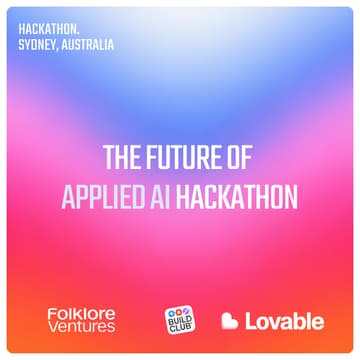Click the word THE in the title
pyautogui.click(x=124, y=159)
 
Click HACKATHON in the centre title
pyautogui.click(x=241, y=196)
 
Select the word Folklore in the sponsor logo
pyautogui.click(x=81, y=314)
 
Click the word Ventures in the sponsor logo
pyautogui.click(x=81, y=328)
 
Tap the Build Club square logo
pyautogui.click(x=179, y=321)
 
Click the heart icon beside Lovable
pyautogui.click(x=230, y=322)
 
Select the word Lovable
pyautogui.click(x=285, y=322)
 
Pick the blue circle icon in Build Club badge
pyautogui.click(x=172, y=314)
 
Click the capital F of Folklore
pyautogui.click(x=51, y=314)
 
